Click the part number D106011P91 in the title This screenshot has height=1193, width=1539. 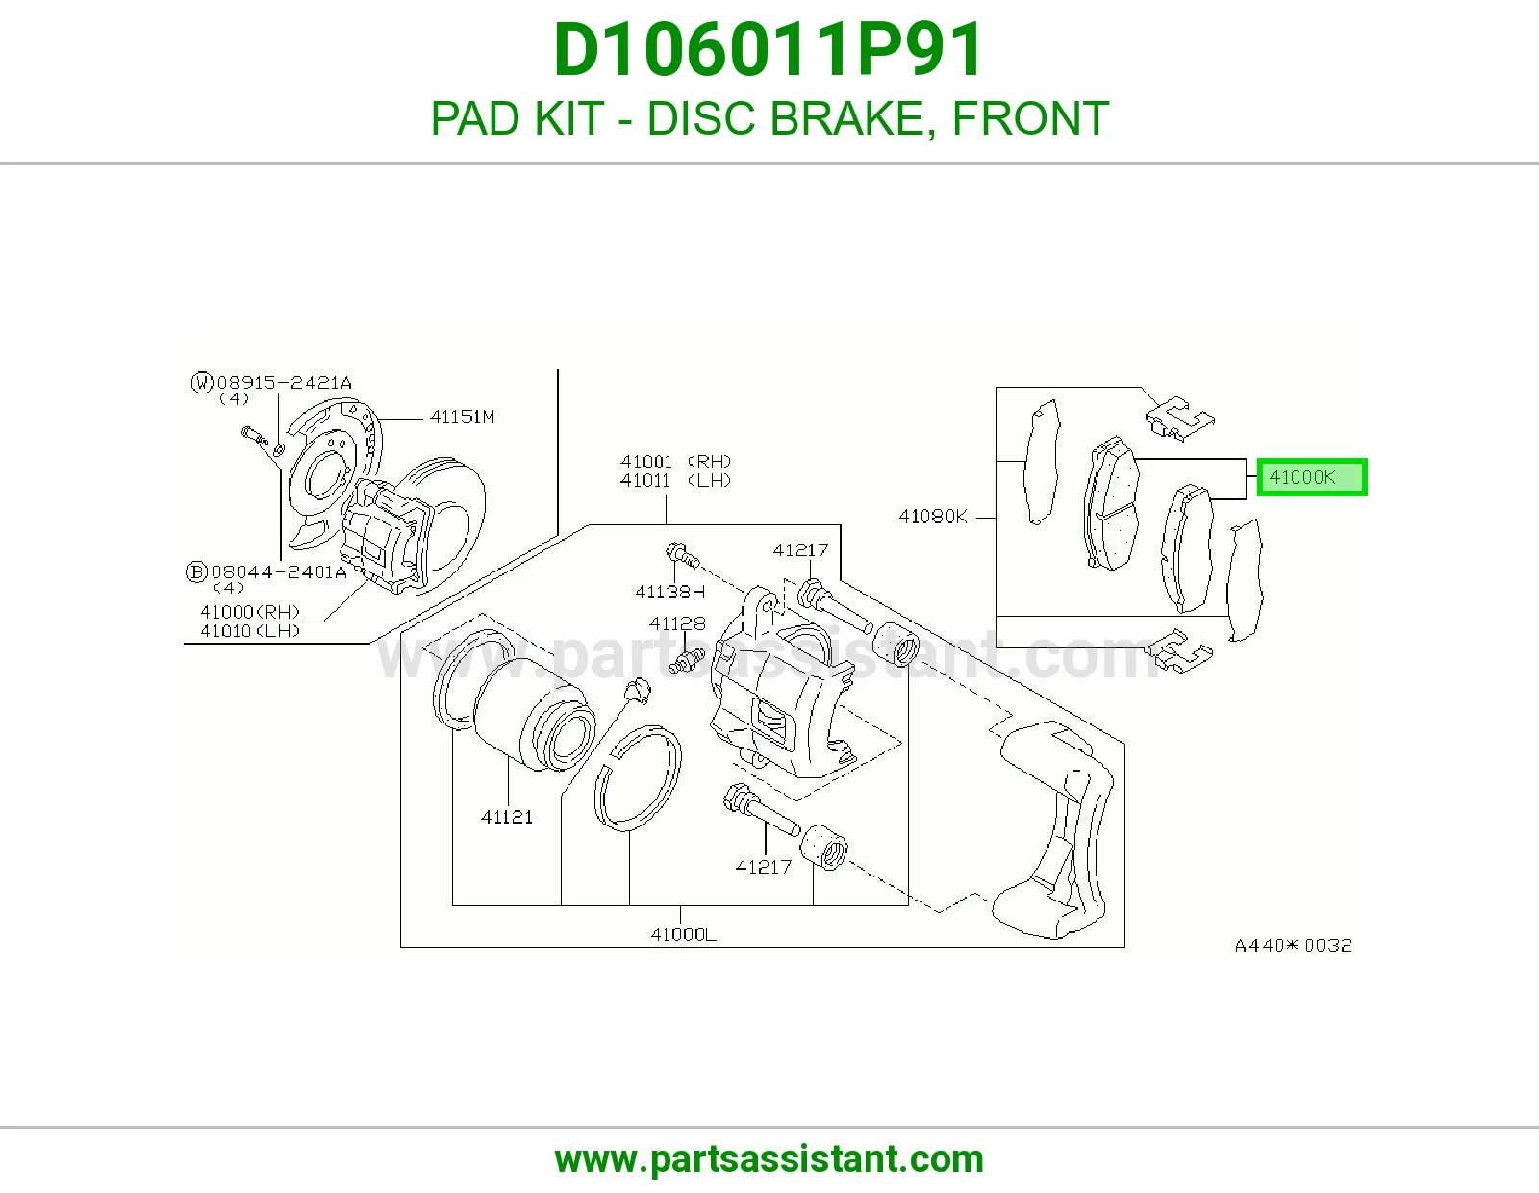click(768, 50)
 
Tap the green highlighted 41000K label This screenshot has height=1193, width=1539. click(1312, 477)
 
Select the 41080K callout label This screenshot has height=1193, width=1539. click(933, 517)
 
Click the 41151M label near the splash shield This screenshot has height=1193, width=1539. click(462, 417)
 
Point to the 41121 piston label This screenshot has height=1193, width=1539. click(506, 817)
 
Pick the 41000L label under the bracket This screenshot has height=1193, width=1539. click(684, 934)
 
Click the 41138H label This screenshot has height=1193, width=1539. click(670, 591)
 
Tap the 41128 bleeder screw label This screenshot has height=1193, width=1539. click(678, 623)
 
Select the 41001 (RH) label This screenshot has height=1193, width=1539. click(675, 461)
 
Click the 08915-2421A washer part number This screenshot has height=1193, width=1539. click(284, 383)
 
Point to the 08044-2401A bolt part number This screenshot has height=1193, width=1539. click(279, 571)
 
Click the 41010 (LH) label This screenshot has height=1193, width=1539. click(250, 630)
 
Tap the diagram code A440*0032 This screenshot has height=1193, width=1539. click(1294, 945)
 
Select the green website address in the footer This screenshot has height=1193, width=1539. click(769, 1159)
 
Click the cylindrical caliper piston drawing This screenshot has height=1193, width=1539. click(533, 713)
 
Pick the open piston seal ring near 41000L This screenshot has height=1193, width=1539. click(638, 778)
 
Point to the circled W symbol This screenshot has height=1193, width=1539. click(202, 383)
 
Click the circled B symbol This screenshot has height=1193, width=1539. click(196, 571)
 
